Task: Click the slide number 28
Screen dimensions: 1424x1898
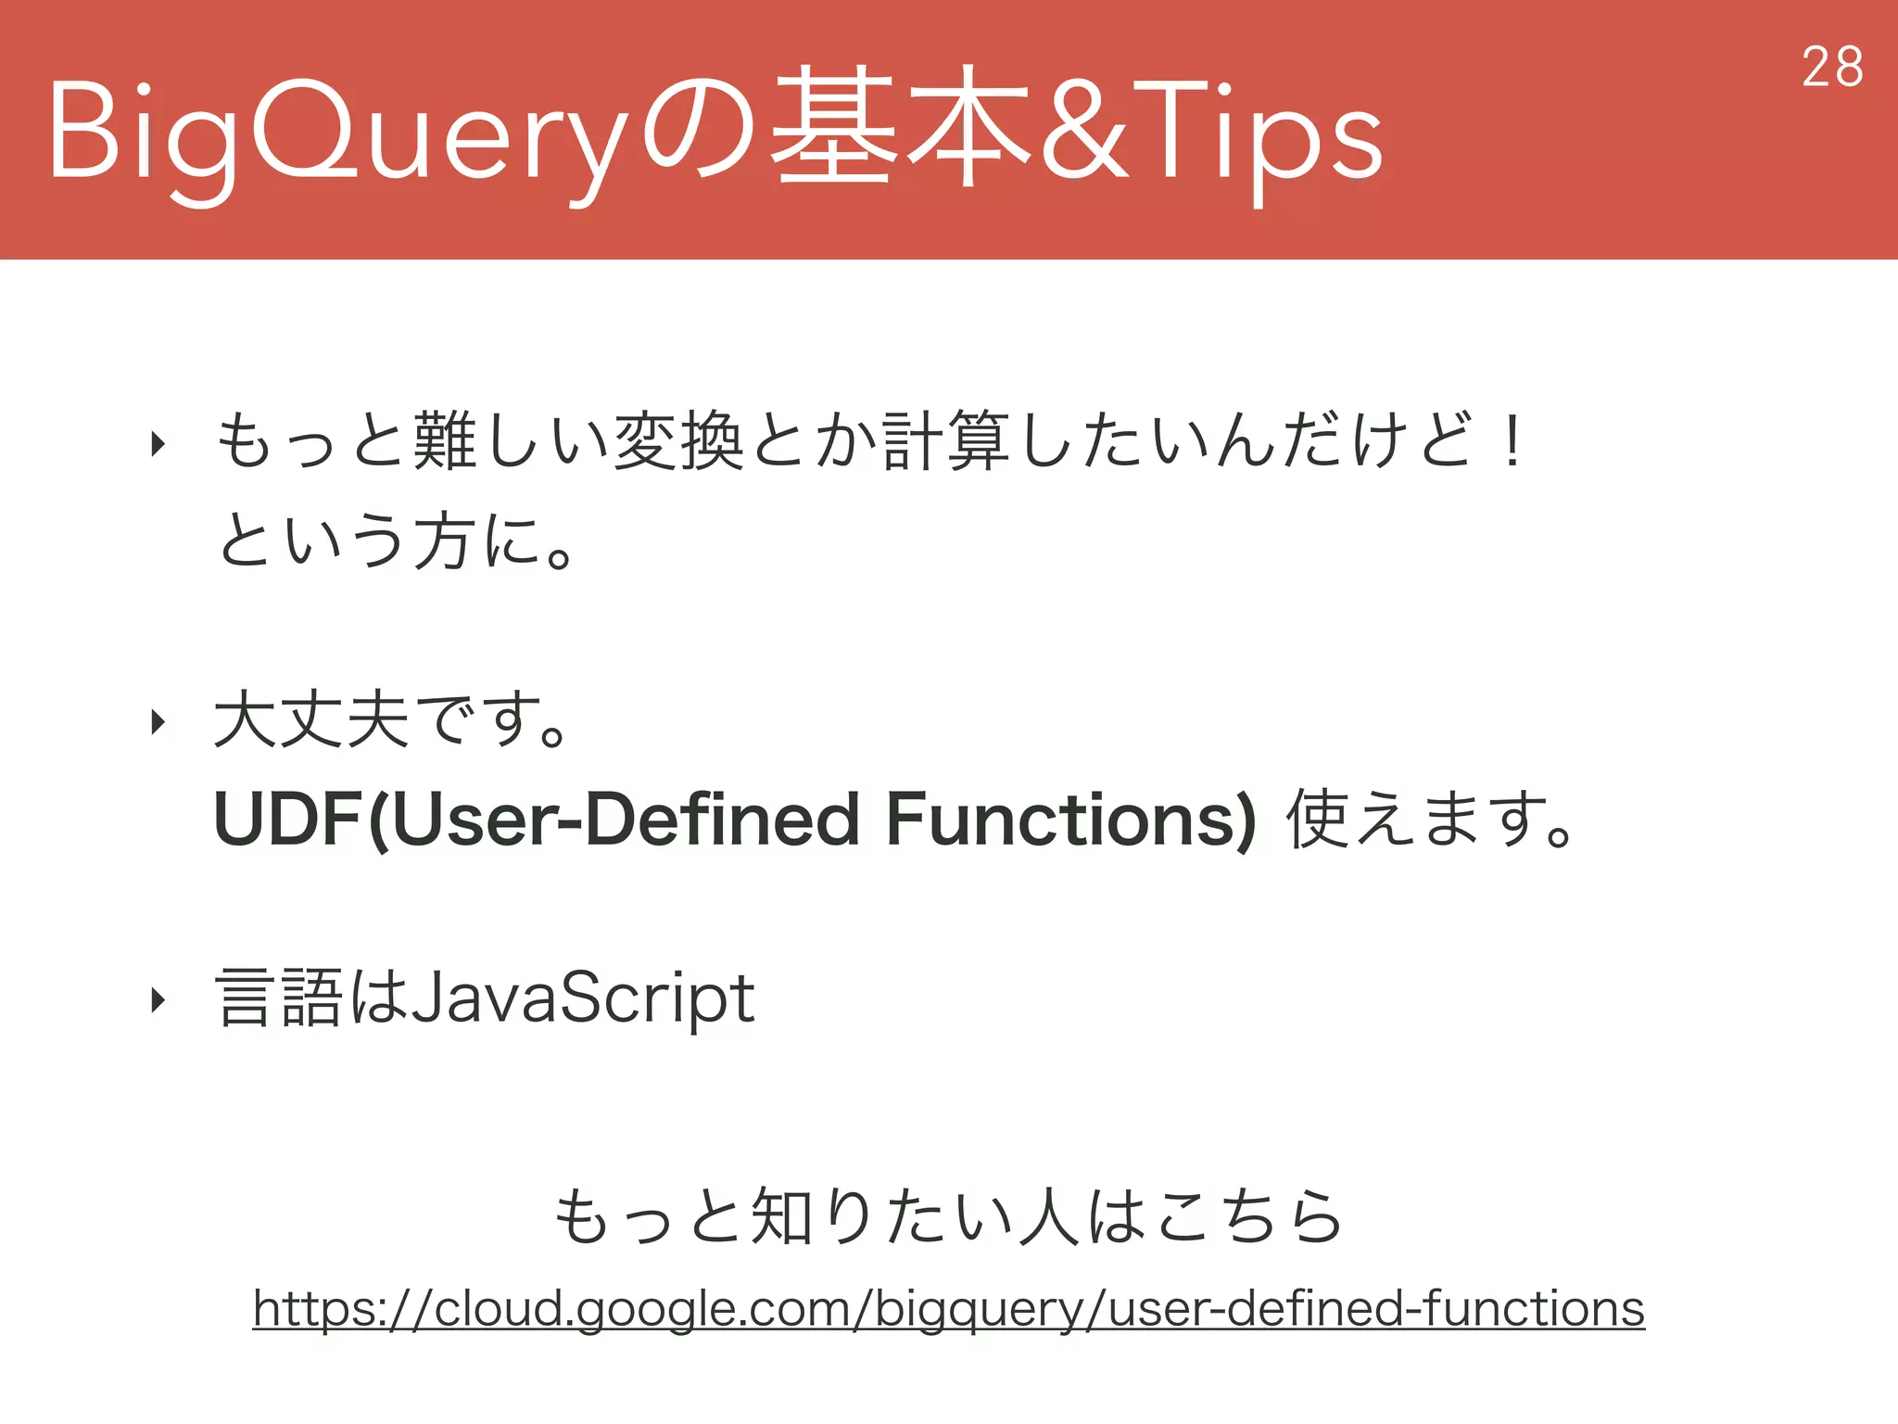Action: (1832, 68)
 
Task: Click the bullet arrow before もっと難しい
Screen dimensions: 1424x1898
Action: (158, 444)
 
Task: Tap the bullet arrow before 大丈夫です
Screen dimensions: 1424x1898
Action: (158, 721)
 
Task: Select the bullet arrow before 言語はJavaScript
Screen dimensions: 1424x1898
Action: (158, 999)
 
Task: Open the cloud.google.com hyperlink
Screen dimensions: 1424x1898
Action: (948, 1309)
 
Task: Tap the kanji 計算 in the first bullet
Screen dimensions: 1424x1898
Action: (945, 442)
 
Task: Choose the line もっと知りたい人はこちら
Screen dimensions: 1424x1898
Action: (948, 1216)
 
